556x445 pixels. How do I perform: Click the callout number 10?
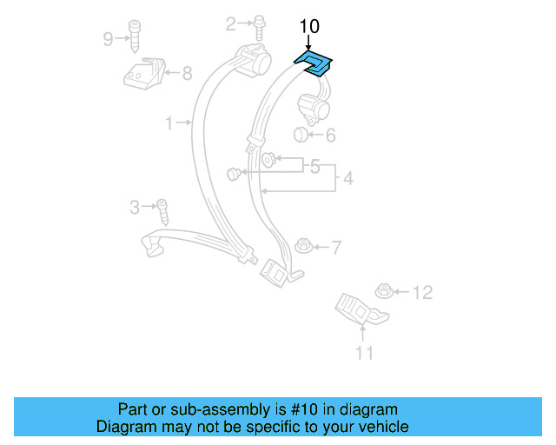pyautogui.click(x=309, y=26)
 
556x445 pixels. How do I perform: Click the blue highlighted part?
pyautogui.click(x=314, y=63)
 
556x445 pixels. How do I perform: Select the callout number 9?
pyautogui.click(x=109, y=38)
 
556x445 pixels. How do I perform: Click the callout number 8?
pyautogui.click(x=187, y=74)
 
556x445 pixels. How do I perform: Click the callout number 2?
pyautogui.click(x=231, y=23)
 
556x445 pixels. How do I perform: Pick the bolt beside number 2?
pyautogui.click(x=258, y=27)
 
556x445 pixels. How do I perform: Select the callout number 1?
pyautogui.click(x=169, y=123)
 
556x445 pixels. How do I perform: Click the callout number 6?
pyautogui.click(x=330, y=135)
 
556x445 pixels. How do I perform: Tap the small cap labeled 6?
pyautogui.click(x=301, y=135)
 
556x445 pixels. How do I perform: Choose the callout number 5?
pyautogui.click(x=314, y=164)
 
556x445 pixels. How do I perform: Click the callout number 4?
pyautogui.click(x=348, y=179)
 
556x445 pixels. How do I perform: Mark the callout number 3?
pyautogui.click(x=135, y=207)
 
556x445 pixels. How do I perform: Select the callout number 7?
pyautogui.click(x=336, y=248)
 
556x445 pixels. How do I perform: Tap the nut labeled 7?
pyautogui.click(x=303, y=246)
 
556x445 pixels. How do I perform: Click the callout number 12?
pyautogui.click(x=421, y=292)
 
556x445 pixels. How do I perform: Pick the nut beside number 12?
pyautogui.click(x=382, y=290)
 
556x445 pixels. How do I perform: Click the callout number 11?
pyautogui.click(x=364, y=352)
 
